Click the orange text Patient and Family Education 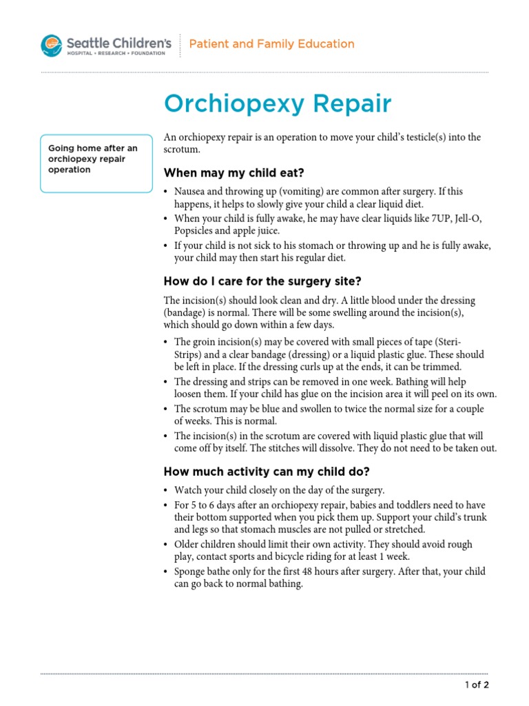(x=271, y=44)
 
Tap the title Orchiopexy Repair (x=278, y=104)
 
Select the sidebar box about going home (x=96, y=163)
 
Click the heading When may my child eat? (x=234, y=172)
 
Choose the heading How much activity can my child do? (x=267, y=472)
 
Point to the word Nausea (x=191, y=192)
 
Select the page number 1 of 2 (x=477, y=685)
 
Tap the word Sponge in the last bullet (x=191, y=571)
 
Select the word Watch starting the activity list (x=189, y=490)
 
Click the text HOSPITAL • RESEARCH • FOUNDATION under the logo (x=116, y=53)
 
